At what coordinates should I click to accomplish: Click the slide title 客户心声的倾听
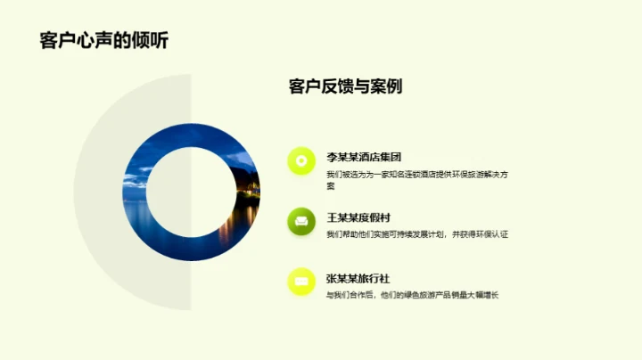[103, 41]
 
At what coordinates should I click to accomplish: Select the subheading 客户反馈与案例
[345, 86]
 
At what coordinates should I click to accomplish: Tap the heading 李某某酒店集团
[364, 157]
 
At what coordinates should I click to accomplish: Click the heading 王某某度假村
[358, 217]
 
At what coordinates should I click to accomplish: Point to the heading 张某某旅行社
[358, 278]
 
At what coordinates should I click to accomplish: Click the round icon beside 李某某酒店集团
[301, 160]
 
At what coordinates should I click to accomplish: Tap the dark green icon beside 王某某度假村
[301, 221]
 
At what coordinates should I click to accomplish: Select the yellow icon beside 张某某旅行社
[301, 282]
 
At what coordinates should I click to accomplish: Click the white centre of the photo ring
[191, 192]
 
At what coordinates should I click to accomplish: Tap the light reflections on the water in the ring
[241, 214]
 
